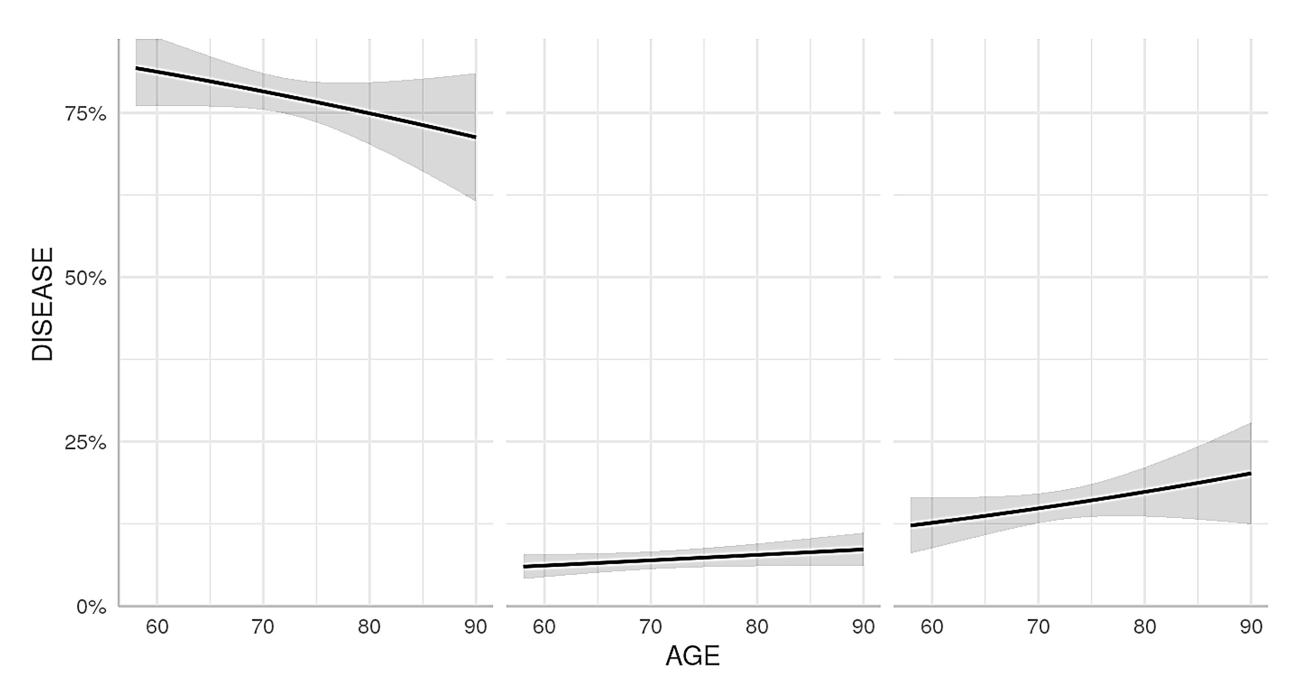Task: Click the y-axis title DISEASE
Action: tap(43, 304)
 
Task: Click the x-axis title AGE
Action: tap(693, 656)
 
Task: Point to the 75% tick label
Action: tap(85, 114)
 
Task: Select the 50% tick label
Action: tap(85, 279)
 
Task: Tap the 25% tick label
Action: tap(85, 443)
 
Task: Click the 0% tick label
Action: tap(91, 607)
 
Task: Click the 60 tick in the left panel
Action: tap(157, 627)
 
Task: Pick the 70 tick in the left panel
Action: tap(263, 627)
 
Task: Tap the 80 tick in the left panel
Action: tap(369, 627)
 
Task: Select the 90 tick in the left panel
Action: tap(476, 627)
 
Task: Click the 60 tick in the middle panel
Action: tap(544, 627)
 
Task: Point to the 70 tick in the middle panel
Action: tap(650, 627)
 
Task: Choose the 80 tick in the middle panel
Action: tap(757, 627)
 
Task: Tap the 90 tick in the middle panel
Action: tap(863, 627)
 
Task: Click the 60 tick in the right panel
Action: tap(932, 627)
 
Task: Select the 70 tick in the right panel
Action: tap(1038, 627)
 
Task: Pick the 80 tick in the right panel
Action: tap(1144, 627)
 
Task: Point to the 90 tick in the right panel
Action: tap(1251, 627)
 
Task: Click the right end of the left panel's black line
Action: tap(476, 137)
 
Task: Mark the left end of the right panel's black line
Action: tap(911, 525)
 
